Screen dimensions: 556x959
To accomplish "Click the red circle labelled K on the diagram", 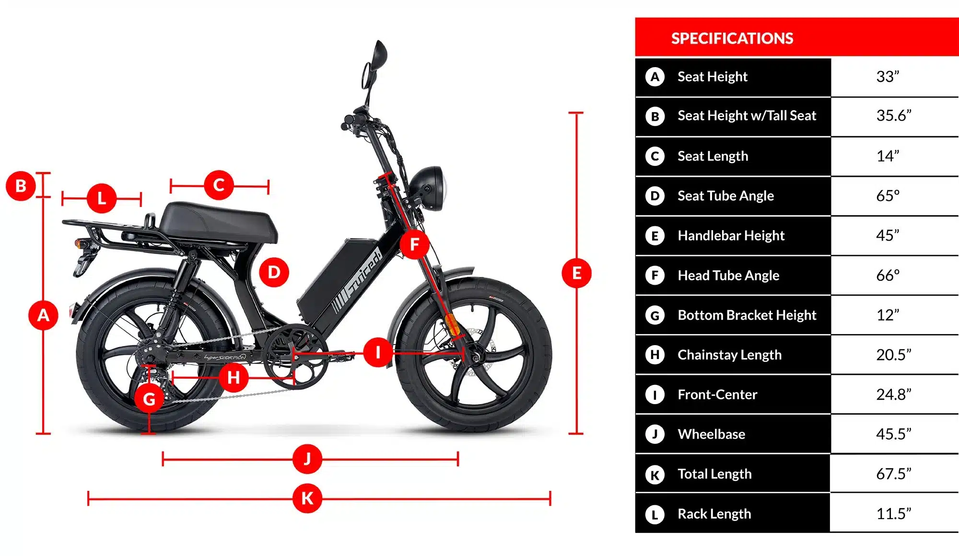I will (307, 498).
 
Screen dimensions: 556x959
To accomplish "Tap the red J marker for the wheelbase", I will (307, 459).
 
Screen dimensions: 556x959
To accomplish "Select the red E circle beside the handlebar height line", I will (576, 273).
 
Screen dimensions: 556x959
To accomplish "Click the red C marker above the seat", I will (219, 185).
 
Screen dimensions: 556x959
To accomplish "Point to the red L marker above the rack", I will (102, 198).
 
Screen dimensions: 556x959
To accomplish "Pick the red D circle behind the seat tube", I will (274, 272).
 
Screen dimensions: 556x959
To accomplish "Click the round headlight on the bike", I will (428, 188).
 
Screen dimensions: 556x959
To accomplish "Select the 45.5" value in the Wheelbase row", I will (893, 434).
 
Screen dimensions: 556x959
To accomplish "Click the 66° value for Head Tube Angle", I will (888, 276).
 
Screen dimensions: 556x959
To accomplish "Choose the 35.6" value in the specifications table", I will (893, 116).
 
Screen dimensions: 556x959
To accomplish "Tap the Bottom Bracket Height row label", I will (747, 315).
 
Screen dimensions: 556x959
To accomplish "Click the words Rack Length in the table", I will (714, 514).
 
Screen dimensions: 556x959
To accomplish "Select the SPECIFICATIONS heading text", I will (732, 38).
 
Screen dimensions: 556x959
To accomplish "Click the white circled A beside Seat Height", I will (655, 77).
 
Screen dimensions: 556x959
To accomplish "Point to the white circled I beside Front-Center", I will (655, 395).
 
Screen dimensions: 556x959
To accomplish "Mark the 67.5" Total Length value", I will (893, 474).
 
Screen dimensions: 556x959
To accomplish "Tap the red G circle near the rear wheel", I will (149, 399).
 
